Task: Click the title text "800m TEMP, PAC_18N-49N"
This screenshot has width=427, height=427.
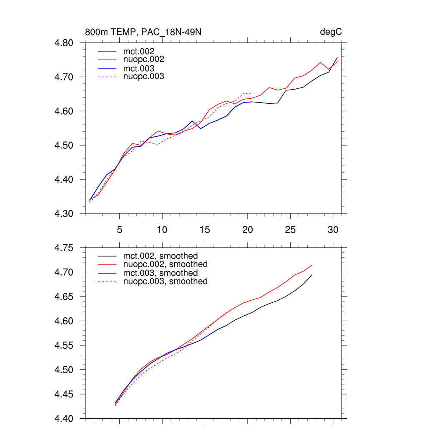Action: pos(144,32)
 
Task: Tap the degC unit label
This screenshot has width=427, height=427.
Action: pos(331,32)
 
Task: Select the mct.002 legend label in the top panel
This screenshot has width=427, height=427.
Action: pos(141,51)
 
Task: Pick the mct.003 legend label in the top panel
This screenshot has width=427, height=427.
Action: pos(141,68)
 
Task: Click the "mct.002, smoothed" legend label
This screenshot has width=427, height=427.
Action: pos(161,256)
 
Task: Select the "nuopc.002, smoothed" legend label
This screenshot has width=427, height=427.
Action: pos(166,264)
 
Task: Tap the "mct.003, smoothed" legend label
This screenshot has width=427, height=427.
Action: pos(161,273)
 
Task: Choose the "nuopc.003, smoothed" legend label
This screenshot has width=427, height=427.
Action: pos(166,281)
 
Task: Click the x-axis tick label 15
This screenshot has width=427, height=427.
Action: pos(205,230)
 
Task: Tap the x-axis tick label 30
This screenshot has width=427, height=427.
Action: pos(333,230)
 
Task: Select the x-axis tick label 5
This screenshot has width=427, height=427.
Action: pos(120,230)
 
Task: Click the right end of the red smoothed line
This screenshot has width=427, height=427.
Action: pos(311,265)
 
